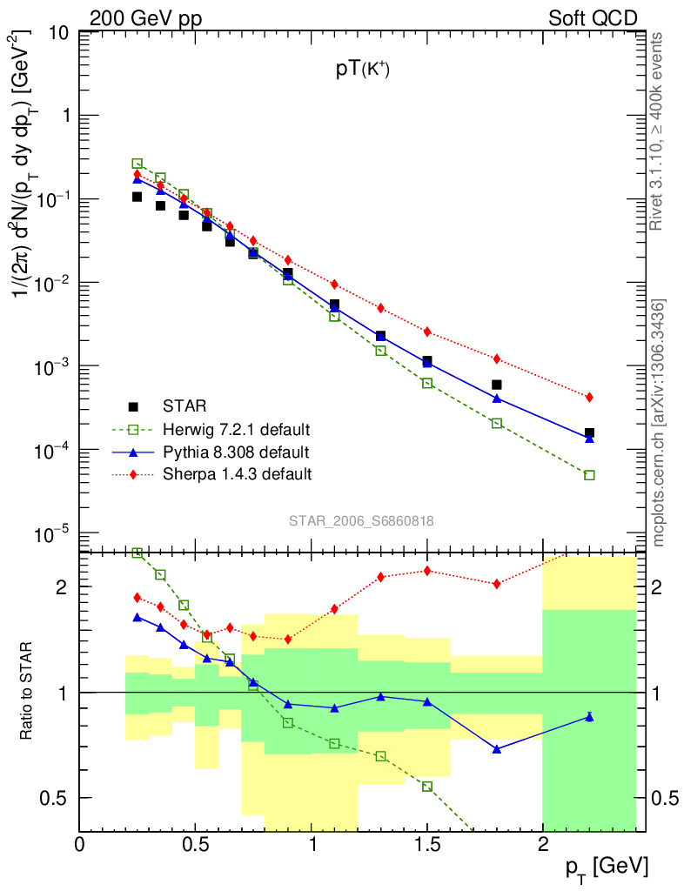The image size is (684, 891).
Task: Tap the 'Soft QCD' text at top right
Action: pos(593,18)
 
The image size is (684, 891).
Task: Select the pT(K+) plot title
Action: pos(363,72)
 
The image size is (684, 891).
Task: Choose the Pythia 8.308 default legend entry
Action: pos(236,452)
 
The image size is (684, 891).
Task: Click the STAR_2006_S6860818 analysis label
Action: pos(361,520)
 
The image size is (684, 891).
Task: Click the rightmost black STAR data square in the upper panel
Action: pos(589,432)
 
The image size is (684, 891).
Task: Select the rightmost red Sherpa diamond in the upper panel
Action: pos(589,397)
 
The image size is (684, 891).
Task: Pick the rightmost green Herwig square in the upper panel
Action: pos(589,475)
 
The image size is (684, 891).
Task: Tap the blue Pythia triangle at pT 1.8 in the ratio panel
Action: pos(497,749)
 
